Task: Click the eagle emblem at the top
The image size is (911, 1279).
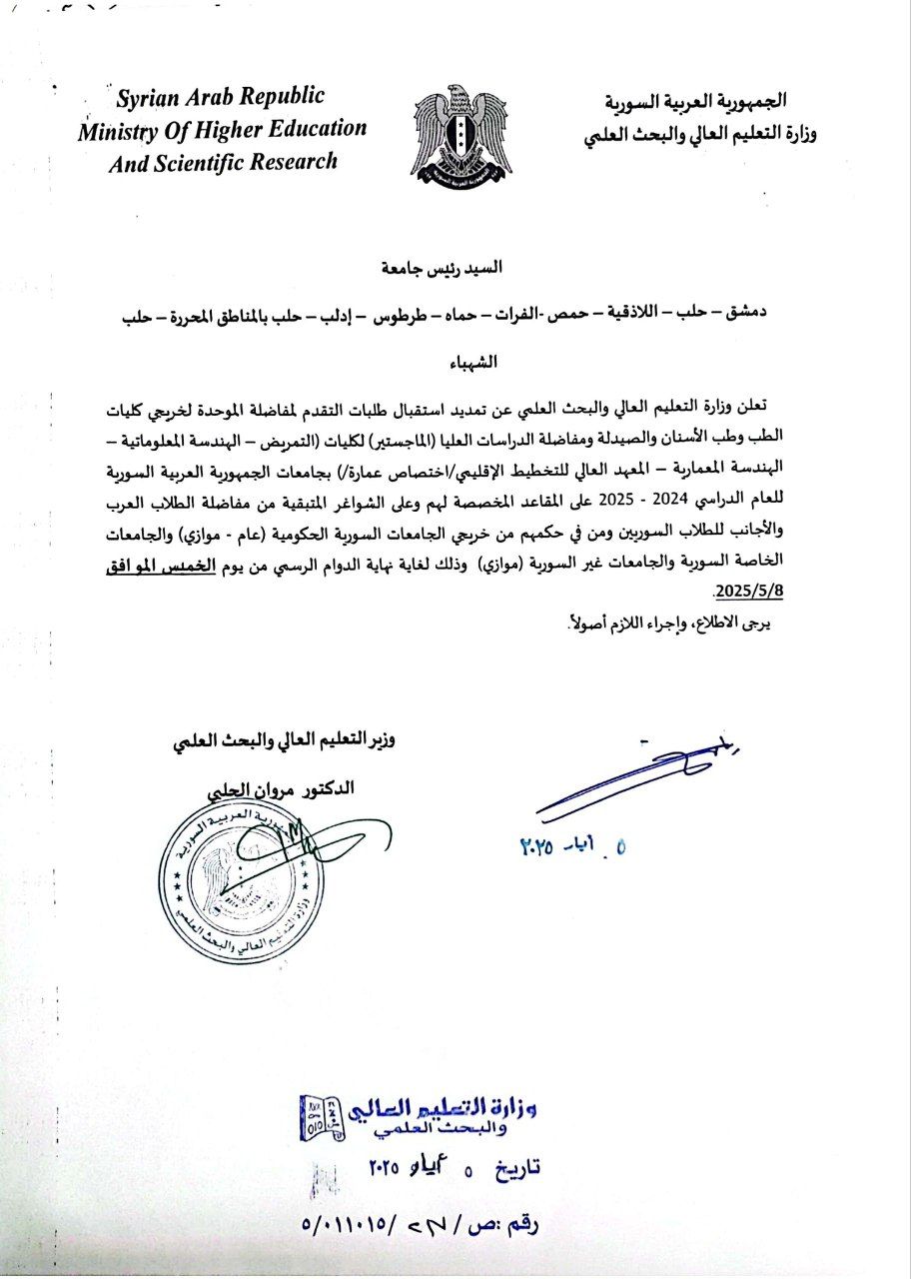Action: [x=461, y=132]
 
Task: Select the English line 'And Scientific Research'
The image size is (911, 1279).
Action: [x=223, y=162]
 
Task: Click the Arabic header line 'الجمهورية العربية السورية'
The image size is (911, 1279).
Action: [x=696, y=102]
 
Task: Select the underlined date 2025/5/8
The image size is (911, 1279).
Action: [x=744, y=590]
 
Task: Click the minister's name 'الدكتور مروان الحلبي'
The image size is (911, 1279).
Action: [x=275, y=788]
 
